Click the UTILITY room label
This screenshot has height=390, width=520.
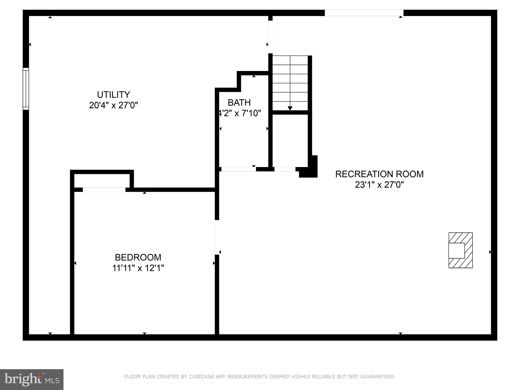tap(113, 95)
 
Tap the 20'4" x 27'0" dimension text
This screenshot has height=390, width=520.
tap(113, 105)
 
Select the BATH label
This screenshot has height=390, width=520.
tap(239, 103)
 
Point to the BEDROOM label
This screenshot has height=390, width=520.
tap(138, 257)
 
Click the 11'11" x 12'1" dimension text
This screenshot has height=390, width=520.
tap(138, 268)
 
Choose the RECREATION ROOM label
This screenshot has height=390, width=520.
tap(379, 174)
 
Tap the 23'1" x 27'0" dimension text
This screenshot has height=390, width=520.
tap(379, 185)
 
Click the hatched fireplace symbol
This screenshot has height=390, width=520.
tap(460, 250)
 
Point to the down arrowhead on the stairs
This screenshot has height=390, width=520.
tap(290, 108)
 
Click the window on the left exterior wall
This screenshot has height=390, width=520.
tap(26, 89)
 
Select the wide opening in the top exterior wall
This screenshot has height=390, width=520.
tap(364, 13)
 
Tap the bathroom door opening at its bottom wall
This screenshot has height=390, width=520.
tap(238, 169)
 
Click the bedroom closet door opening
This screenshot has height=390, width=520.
tap(104, 190)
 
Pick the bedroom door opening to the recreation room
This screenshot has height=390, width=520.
tap(217, 237)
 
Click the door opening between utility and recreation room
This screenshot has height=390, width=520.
tap(270, 37)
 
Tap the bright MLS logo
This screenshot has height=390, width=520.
tap(32, 380)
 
